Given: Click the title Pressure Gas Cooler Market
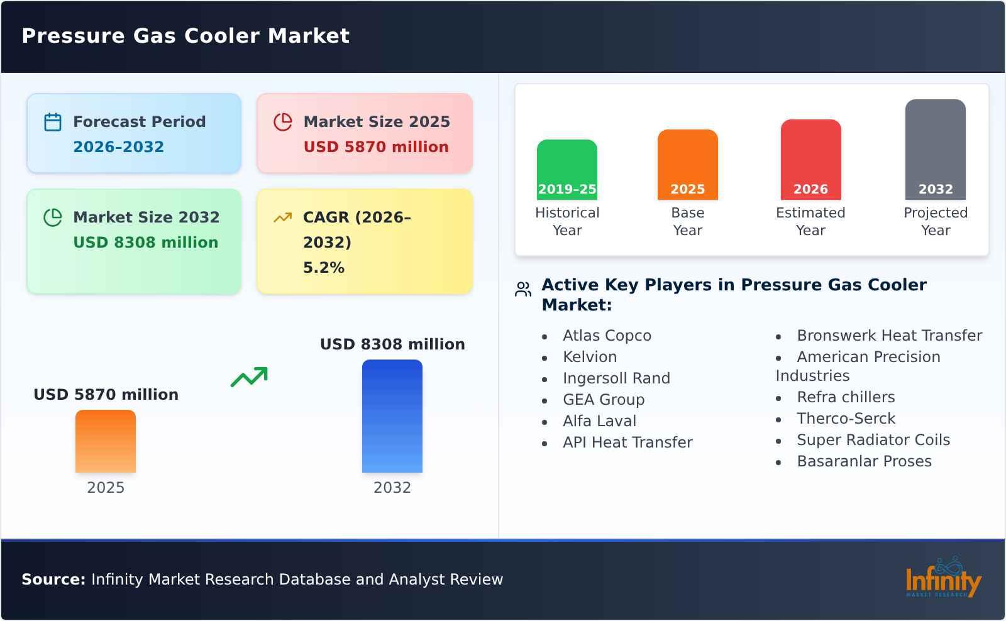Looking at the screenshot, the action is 185,36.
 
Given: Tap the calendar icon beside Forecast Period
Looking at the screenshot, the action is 53,122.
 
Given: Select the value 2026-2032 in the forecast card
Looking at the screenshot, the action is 118,147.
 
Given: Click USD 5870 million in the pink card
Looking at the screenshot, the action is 376,147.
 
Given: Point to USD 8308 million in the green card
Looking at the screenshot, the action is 145,243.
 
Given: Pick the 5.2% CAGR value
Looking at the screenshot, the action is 323,268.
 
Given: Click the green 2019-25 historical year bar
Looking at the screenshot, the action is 567,170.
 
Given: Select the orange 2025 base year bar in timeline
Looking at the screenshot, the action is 687,165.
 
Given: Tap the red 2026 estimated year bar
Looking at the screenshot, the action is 810,160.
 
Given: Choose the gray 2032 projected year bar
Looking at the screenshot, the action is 935,150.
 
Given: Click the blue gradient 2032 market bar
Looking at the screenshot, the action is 392,416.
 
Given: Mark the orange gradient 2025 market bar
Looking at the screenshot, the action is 106,441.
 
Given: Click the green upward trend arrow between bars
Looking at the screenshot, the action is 249,377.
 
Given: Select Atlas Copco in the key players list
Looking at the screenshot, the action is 607,336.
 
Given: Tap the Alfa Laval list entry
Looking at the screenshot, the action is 599,421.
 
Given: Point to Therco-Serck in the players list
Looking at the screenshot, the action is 846,419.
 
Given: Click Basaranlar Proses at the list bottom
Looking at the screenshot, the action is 864,461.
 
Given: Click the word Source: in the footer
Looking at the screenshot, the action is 53,580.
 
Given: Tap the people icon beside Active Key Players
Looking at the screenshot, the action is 523,289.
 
